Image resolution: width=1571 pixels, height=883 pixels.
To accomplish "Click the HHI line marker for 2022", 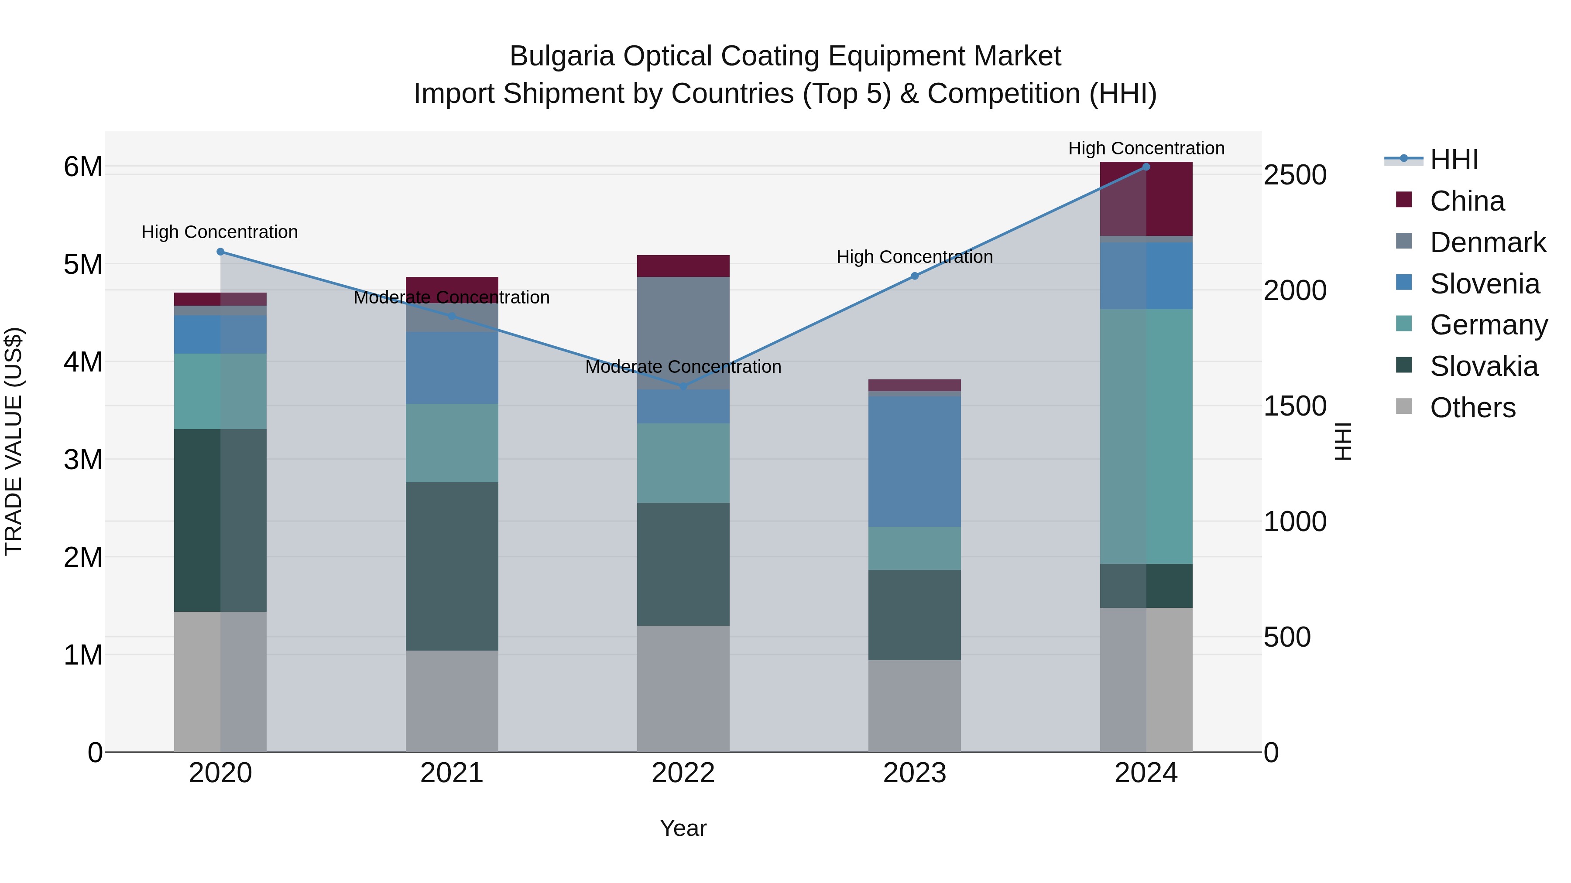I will coord(683,386).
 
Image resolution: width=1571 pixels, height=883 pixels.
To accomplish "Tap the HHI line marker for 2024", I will coord(1146,167).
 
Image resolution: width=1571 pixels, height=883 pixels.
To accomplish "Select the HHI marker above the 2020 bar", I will coord(221,252).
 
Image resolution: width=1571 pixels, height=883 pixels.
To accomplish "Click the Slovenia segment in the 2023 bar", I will coord(914,461).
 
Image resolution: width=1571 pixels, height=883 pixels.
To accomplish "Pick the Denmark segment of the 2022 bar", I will coord(683,333).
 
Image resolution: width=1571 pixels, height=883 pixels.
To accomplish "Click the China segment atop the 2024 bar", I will coord(1146,199).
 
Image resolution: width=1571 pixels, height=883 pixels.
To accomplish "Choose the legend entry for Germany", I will coord(1488,325).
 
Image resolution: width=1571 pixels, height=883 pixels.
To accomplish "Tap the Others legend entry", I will coord(1472,408).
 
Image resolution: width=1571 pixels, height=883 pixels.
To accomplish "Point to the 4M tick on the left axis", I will coord(83,362).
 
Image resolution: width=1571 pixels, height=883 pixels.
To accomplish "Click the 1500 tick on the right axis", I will coord(1295,406).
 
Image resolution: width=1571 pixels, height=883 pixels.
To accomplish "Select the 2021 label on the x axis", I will coord(452,773).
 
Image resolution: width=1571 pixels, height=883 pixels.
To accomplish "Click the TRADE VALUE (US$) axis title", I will coord(14,441).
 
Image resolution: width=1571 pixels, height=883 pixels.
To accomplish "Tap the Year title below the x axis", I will coord(683,828).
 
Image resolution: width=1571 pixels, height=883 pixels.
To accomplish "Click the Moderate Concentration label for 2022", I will coord(683,367).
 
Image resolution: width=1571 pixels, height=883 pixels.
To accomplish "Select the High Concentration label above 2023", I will coord(914,257).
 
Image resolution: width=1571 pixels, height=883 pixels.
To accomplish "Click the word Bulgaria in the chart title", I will coord(562,56).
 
